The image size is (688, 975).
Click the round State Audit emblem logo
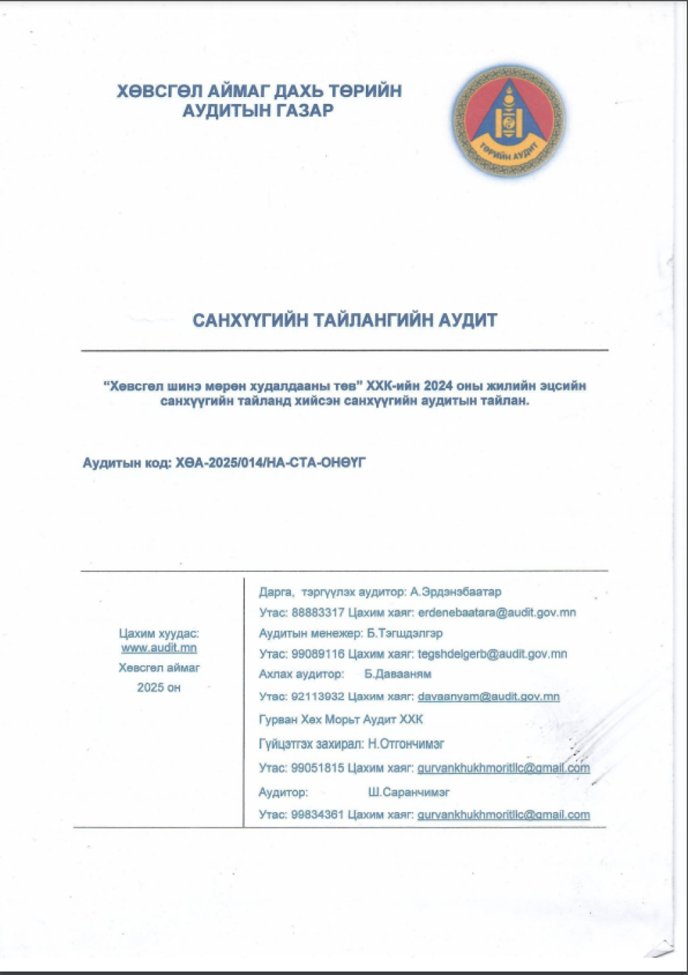pos(508,121)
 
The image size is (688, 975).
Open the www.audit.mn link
pos(159,648)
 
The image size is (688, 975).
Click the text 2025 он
pos(159,687)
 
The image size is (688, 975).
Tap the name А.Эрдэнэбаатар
pos(455,592)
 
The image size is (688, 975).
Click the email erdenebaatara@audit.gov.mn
pos(497,613)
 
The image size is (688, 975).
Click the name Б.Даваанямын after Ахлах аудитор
pos(398,674)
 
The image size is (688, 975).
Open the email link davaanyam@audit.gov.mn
pos(488,697)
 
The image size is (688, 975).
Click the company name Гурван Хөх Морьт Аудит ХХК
pos(341,720)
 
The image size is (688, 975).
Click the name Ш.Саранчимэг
pos(409,793)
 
